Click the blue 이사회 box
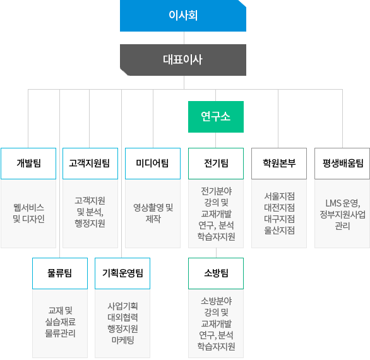click(x=183, y=16)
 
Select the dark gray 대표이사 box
click(x=183, y=60)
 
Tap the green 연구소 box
click(x=216, y=117)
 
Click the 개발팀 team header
click(x=28, y=164)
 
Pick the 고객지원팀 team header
click(x=90, y=164)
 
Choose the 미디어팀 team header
click(x=153, y=164)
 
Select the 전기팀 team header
click(x=216, y=164)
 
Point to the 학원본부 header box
click(x=279, y=164)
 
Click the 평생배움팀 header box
click(x=342, y=164)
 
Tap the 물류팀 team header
click(x=60, y=273)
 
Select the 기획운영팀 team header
click(x=122, y=273)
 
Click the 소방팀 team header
click(x=216, y=273)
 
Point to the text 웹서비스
click(x=28, y=208)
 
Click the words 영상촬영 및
click(x=153, y=208)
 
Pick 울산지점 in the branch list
click(x=279, y=230)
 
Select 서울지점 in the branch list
click(x=279, y=196)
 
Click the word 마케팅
click(x=122, y=340)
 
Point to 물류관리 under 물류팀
click(x=60, y=333)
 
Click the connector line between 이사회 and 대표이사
click(x=184, y=38)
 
